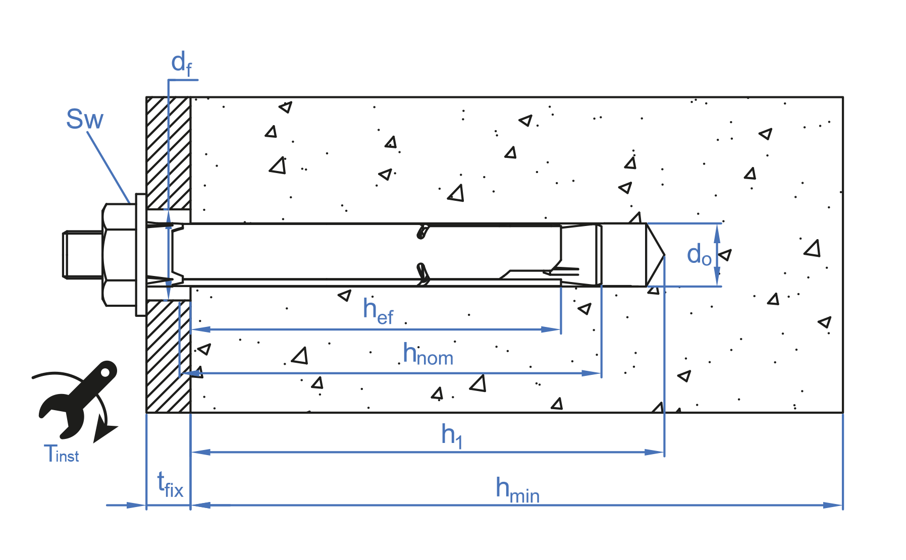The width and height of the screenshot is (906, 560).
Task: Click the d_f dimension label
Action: click(x=181, y=64)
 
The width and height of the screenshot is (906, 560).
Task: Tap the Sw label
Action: click(x=84, y=120)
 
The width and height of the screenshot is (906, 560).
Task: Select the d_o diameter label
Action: click(x=699, y=255)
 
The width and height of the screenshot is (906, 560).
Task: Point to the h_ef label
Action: click(x=378, y=311)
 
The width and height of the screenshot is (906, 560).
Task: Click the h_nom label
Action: click(x=428, y=355)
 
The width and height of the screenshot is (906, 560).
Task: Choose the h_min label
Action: click(x=517, y=490)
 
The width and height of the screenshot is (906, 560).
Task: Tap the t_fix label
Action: click(x=170, y=485)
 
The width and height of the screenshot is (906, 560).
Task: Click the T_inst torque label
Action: click(x=61, y=454)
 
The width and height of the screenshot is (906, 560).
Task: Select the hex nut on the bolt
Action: click(x=119, y=255)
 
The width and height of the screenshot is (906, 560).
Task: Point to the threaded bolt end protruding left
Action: click(x=82, y=255)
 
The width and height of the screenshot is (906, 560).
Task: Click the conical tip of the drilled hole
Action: click(x=655, y=255)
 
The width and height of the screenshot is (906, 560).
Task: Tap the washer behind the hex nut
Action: click(x=141, y=255)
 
